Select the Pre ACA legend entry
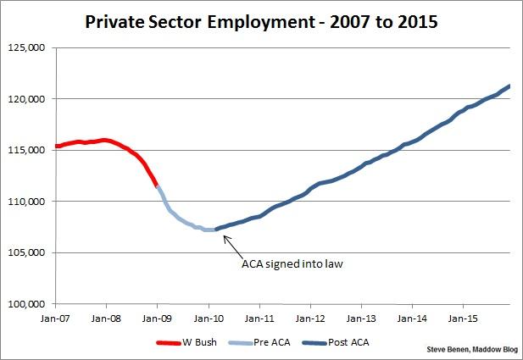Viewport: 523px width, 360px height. [261, 343]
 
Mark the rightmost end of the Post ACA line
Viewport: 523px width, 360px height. [509, 86]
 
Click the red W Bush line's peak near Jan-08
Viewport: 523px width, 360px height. [105, 140]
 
